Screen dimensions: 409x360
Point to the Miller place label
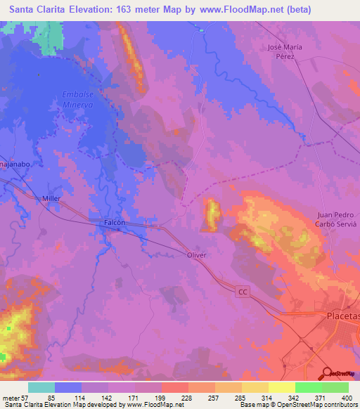click(51, 199)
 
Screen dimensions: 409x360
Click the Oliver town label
click(196, 255)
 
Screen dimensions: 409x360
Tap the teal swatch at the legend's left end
click(41, 387)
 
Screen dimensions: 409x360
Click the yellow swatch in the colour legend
click(281, 387)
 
